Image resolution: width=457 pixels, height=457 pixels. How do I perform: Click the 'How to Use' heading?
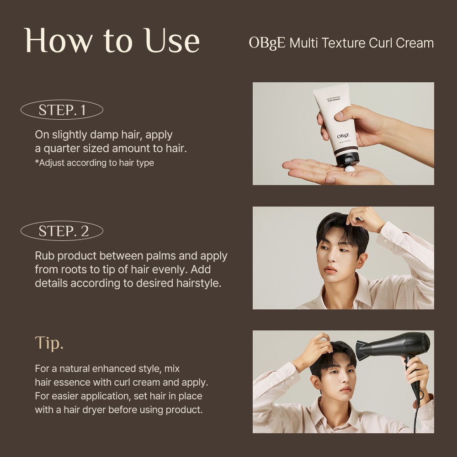tap(112, 41)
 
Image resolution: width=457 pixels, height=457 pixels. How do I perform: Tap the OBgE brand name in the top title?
tap(267, 43)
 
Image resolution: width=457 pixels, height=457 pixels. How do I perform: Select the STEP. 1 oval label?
tap(62, 110)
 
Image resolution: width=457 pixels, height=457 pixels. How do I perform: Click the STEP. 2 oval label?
tap(62, 231)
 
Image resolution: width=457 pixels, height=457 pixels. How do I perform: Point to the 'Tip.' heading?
tap(49, 343)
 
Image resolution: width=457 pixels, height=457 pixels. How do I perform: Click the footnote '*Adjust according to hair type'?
tap(95, 163)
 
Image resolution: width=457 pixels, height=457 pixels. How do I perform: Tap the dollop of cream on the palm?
tap(350, 169)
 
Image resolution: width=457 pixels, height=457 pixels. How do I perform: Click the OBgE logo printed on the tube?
tap(343, 136)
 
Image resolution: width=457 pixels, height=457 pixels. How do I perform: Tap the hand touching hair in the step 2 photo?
tap(365, 218)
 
